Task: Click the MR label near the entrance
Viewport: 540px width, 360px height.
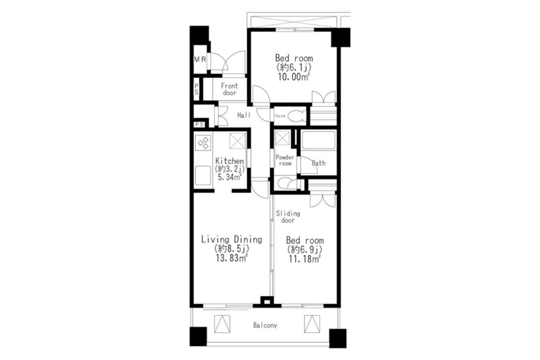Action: click(200, 59)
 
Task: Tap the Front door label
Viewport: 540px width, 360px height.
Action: click(229, 89)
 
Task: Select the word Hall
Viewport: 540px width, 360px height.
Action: click(244, 115)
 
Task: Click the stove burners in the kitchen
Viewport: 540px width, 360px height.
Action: click(203, 143)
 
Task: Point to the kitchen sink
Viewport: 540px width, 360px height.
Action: click(203, 175)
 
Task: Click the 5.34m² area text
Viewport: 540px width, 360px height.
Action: click(230, 177)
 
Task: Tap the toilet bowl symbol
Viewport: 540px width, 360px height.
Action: click(296, 116)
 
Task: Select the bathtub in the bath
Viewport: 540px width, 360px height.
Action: click(318, 140)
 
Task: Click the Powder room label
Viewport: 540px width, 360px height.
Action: click(285, 160)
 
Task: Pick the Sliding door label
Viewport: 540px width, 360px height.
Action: click(288, 217)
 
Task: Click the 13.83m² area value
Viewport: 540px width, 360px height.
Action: click(232, 258)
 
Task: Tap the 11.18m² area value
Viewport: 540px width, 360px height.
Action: click(305, 259)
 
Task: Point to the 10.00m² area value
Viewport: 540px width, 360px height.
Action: click(294, 77)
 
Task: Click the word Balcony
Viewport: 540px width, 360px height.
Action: click(265, 325)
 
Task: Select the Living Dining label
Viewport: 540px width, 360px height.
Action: click(232, 239)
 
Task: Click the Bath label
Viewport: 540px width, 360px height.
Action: click(319, 163)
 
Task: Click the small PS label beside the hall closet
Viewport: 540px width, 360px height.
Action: click(199, 125)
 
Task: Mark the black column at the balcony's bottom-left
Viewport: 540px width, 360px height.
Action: click(198, 337)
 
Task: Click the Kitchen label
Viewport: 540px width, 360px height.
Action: click(230, 161)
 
